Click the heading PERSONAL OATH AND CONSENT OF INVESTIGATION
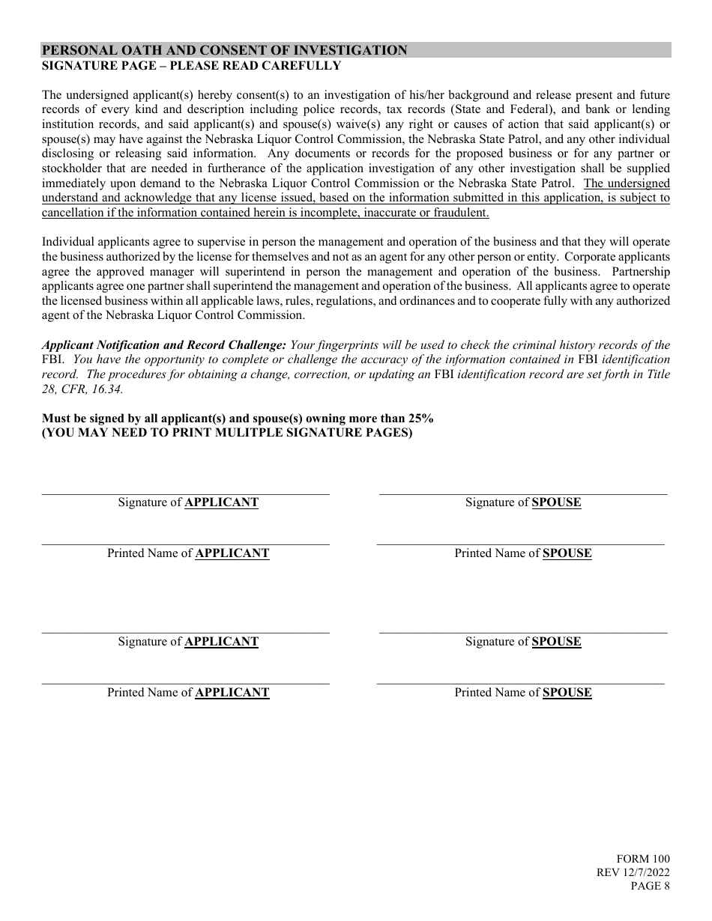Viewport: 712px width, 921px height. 225,51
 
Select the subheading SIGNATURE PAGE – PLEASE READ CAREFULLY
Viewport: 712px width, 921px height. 191,66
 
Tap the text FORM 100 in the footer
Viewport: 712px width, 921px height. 643,859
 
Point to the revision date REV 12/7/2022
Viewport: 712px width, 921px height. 633,872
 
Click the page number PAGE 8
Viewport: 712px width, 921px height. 650,887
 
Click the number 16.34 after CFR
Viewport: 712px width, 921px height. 108,389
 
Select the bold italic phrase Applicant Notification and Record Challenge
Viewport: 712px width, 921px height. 164,345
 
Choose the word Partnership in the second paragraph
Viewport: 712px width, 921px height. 641,272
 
